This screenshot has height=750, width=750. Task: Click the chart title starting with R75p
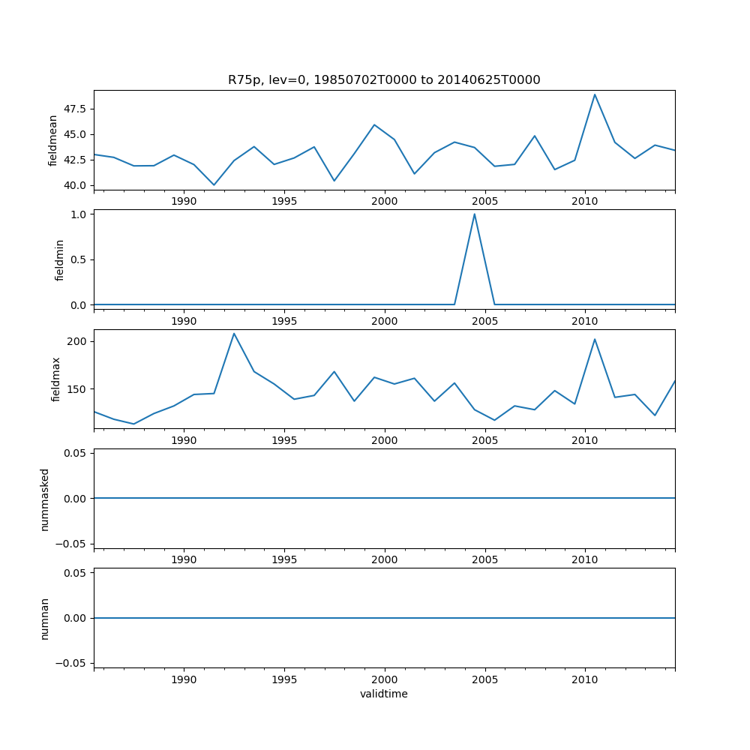coord(384,80)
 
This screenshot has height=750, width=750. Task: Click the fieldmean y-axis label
coord(53,140)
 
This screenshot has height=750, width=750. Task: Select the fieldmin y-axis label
coord(59,259)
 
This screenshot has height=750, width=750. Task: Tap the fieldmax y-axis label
coord(55,379)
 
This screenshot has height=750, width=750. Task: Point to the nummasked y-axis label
coord(45,499)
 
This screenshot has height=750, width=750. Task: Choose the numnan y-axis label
coord(45,618)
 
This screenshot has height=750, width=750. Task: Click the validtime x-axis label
coord(384,694)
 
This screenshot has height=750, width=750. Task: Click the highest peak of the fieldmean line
coord(595,94)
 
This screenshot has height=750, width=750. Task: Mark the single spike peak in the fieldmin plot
coord(474,214)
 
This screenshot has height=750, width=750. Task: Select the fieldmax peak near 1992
coord(234,333)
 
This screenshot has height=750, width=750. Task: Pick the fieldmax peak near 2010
coord(595,339)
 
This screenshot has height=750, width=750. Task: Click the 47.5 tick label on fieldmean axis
coord(74,109)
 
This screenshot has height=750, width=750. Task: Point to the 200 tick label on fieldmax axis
coord(78,341)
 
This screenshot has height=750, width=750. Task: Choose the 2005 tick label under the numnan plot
coord(485,680)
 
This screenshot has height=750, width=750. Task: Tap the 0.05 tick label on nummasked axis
coord(76,453)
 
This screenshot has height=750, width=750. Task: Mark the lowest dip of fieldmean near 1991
coord(214,184)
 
